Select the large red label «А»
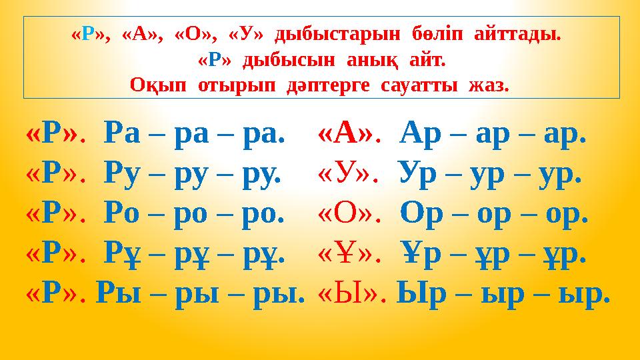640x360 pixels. (x=347, y=135)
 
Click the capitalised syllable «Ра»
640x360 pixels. (x=123, y=136)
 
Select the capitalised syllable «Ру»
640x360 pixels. (x=123, y=176)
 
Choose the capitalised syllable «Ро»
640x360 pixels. (x=123, y=216)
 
